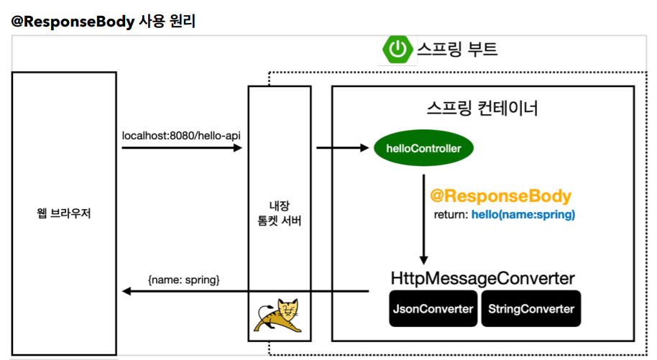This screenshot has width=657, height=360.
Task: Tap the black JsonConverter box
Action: (433, 309)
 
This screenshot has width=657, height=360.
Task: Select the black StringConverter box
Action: (530, 309)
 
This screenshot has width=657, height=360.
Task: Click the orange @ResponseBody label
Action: (500, 196)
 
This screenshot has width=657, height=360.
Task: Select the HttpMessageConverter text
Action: (482, 277)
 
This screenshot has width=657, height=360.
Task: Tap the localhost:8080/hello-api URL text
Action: (181, 134)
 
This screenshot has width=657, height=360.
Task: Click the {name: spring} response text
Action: (183, 277)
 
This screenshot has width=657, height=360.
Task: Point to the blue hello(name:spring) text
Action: (523, 215)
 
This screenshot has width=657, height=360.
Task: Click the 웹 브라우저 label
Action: (64, 214)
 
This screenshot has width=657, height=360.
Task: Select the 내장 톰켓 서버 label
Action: (279, 214)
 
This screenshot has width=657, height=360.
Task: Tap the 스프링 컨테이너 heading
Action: (482, 109)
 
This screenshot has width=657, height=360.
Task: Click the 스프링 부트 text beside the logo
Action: (457, 50)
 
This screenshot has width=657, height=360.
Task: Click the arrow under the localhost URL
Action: (181, 148)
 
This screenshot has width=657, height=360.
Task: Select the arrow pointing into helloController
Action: (342, 149)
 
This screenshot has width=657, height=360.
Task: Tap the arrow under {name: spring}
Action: (244, 291)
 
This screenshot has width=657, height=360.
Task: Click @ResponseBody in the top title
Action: (73, 22)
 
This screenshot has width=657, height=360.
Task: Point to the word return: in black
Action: (451, 215)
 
